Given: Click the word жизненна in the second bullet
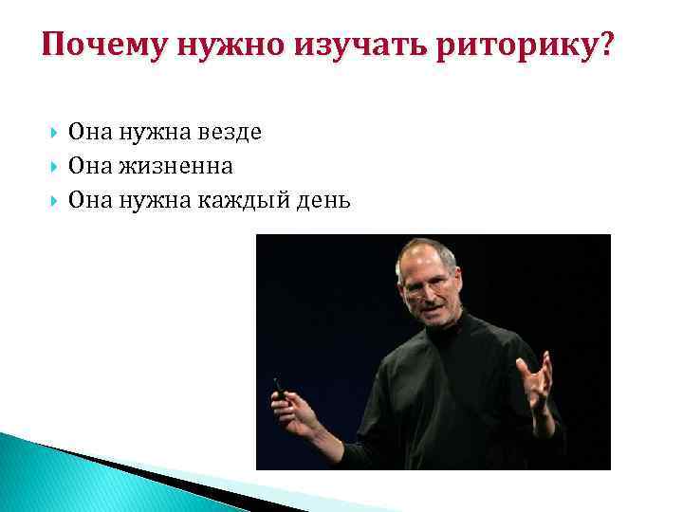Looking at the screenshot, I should tap(176, 167).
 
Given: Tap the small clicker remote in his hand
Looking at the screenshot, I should tap(279, 386).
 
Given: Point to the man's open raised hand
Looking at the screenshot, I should tap(537, 379).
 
